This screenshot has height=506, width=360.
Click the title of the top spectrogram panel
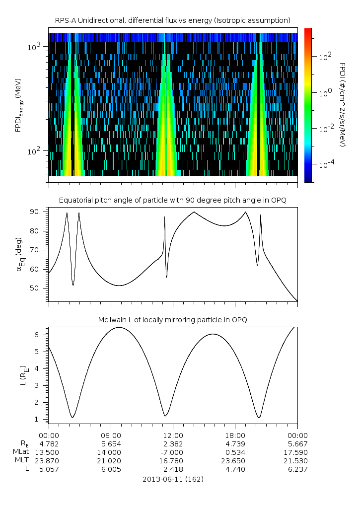pyautogui.click(x=173, y=20)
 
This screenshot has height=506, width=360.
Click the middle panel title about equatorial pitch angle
pyautogui.click(x=173, y=200)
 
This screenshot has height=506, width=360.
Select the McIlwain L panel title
pyautogui.click(x=173, y=320)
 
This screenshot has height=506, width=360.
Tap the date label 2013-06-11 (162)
pyautogui.click(x=173, y=480)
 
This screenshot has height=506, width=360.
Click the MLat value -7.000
pyautogui.click(x=173, y=452)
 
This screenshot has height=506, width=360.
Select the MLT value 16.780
pyautogui.click(x=173, y=461)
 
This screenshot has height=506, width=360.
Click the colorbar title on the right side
pyautogui.click(x=342, y=104)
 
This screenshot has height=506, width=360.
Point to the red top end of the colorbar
pyautogui.click(x=308, y=31)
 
